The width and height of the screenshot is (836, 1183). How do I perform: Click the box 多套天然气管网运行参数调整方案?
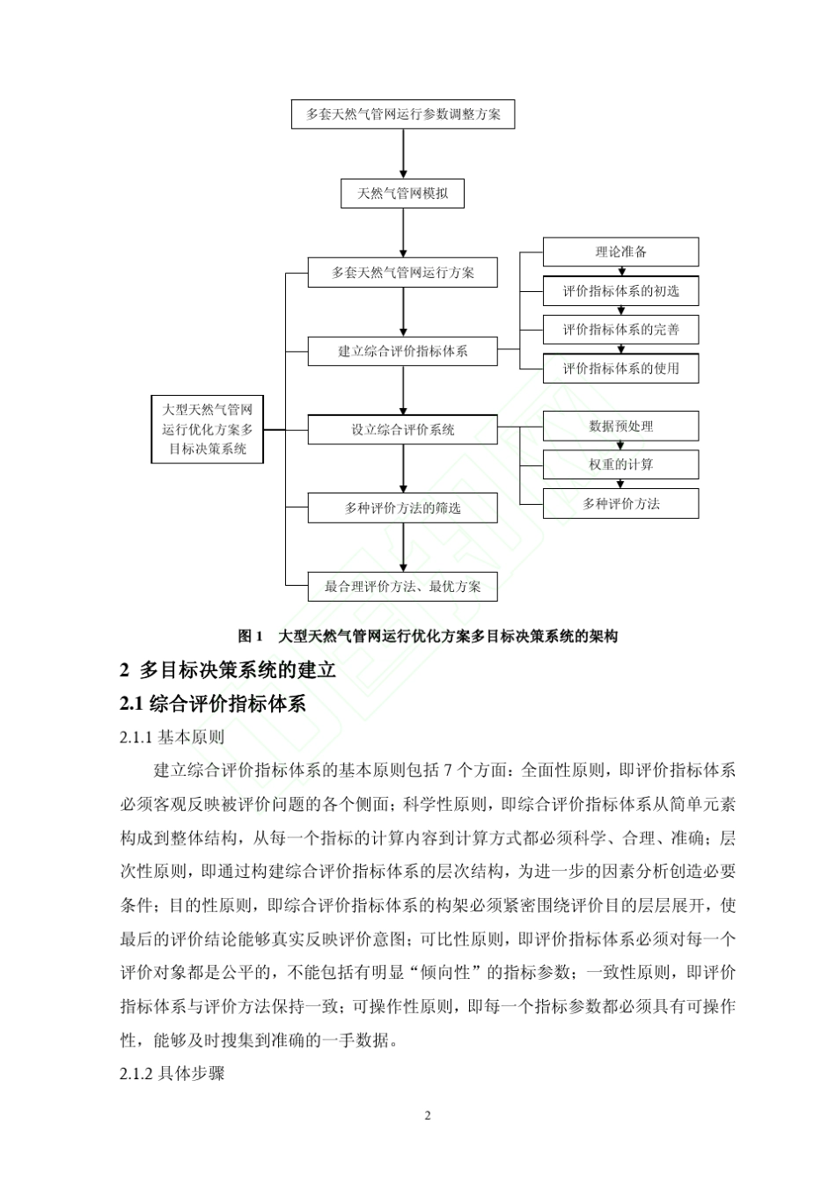coord(403,114)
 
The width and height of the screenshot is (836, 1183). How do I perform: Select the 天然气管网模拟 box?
coord(402,194)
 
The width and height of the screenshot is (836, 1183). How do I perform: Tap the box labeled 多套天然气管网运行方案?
coord(402,273)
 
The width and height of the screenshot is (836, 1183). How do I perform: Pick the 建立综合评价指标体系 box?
coord(402,351)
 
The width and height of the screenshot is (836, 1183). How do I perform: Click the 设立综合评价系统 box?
coord(402,429)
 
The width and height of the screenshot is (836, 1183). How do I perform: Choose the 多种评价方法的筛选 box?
coord(402,508)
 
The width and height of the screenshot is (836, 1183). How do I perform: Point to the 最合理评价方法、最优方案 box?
coord(402,587)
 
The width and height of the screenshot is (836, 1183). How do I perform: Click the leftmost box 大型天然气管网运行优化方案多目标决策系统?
coord(208,429)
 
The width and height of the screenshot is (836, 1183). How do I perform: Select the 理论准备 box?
coord(620,252)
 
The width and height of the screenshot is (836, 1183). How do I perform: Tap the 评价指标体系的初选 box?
coord(620,291)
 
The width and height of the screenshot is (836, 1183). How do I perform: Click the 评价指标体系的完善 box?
coord(620,330)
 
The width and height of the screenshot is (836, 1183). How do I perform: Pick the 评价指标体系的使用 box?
coord(620,369)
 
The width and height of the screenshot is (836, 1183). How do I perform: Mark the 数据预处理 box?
coord(620,426)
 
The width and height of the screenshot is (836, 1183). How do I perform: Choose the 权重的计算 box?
coord(620,464)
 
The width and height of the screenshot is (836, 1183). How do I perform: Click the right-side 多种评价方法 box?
coord(620,504)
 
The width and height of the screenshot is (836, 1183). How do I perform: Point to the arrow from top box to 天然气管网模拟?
coord(403,154)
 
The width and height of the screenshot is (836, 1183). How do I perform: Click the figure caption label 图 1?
coord(251,636)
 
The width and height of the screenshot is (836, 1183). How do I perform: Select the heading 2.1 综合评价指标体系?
coord(213,704)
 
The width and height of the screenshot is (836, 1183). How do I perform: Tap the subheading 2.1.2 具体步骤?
coord(172,1074)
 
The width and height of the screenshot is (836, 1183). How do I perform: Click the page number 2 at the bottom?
coord(428,1116)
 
